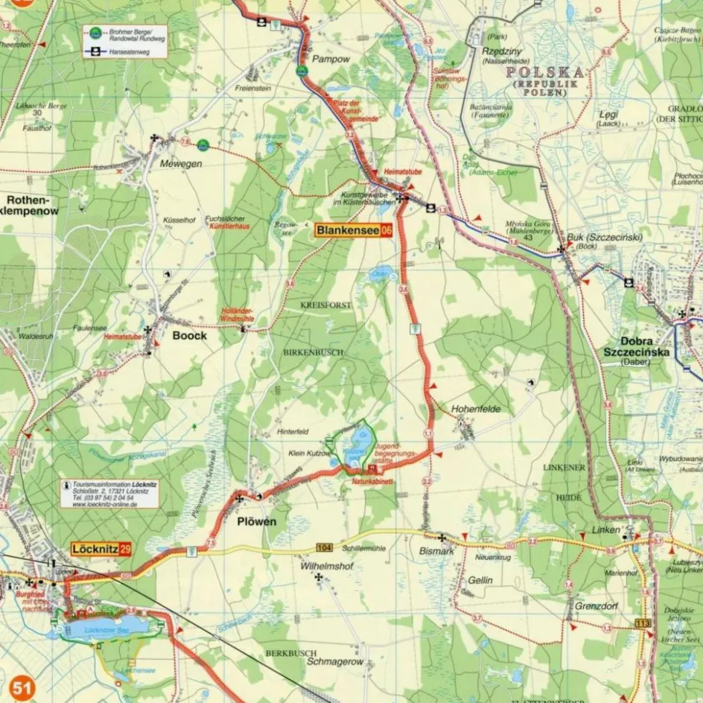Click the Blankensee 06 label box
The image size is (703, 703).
[353, 230]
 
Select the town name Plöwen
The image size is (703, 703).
[256, 521]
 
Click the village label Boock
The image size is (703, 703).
[189, 335]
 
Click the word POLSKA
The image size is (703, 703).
[544, 72]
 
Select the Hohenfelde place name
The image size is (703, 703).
[476, 409]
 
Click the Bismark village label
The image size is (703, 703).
[436, 550]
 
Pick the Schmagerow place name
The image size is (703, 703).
[335, 661]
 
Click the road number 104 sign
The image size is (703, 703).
[323, 547]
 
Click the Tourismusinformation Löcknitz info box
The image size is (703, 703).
[109, 493]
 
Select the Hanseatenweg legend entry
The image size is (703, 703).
[125, 51]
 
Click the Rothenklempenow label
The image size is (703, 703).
[31, 206]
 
